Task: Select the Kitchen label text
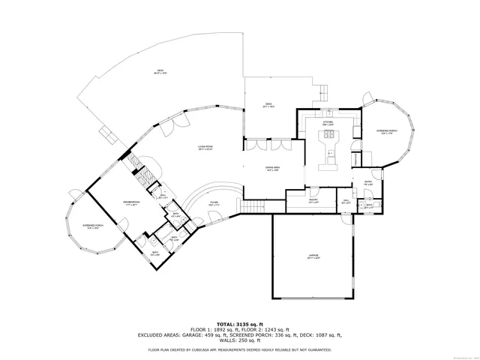point(328,122)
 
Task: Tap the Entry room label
point(368,182)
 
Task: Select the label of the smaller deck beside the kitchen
point(268,105)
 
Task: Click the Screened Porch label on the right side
point(387,131)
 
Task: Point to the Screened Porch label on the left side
point(94,227)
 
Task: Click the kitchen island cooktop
point(328,136)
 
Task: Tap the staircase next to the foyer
point(253,205)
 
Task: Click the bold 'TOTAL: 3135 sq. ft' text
point(239,321)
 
